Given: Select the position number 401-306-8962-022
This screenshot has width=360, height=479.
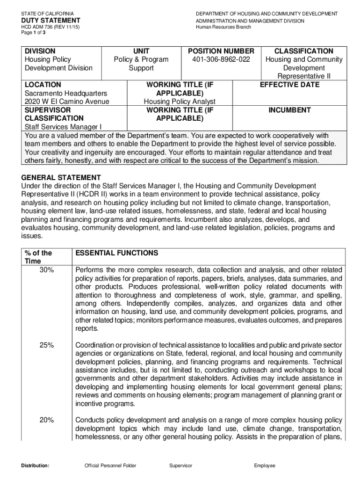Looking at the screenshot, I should [221, 59].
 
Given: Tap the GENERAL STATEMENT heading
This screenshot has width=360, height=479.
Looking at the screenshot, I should [61, 178].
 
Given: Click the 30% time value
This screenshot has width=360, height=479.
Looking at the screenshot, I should [46, 270].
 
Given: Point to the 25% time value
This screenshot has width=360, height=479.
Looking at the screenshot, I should [46, 345].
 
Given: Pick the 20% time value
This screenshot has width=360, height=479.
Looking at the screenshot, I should [46, 420].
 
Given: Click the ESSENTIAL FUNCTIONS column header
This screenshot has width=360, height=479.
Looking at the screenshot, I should [117, 253].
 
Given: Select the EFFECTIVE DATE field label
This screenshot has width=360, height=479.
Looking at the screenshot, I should [290, 85].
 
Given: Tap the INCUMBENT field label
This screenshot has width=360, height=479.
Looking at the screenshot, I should [290, 110].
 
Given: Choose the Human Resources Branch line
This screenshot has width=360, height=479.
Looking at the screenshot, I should [223, 27].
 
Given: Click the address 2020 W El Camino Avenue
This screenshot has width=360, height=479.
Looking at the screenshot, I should [67, 102].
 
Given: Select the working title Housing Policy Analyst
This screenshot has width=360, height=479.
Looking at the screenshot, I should [180, 102].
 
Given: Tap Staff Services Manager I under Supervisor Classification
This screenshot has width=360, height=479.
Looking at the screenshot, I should [63, 127].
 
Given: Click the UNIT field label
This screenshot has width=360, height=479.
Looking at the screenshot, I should [141, 51].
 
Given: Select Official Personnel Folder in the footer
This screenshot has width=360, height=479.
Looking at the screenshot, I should [110, 465].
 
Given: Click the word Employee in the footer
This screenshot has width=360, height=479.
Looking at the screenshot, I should [265, 465].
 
